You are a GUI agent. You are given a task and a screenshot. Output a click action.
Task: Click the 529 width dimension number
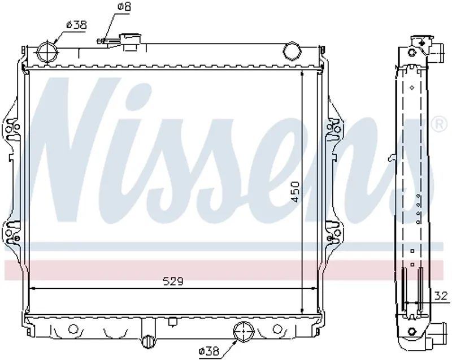[173, 281]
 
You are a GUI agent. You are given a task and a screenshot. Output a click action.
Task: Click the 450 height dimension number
[295, 192]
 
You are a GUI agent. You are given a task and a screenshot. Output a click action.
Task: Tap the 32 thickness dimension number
[441, 296]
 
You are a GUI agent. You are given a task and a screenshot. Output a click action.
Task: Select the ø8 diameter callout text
[124, 7]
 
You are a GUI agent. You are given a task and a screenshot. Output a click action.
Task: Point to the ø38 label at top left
[76, 25]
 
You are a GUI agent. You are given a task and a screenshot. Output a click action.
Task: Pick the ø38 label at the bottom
[208, 352]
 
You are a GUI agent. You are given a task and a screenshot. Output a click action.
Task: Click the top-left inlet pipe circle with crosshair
[47, 53]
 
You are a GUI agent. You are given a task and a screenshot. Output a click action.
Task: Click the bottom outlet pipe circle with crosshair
[244, 332]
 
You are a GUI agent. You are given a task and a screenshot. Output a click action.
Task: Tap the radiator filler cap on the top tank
[131, 42]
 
